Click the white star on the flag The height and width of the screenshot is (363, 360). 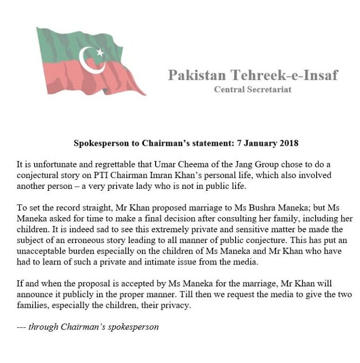pyautogui.click(x=100, y=52)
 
